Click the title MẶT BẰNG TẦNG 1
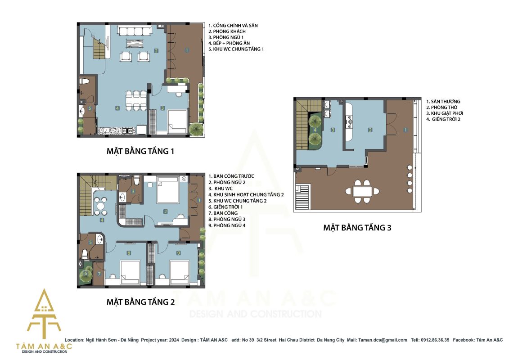tap(140, 151)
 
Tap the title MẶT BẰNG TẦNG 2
tap(140, 302)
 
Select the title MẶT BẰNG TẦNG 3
tap(357, 228)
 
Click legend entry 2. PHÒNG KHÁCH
tap(227, 31)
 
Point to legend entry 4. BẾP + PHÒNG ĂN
tap(229, 43)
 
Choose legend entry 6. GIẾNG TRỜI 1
tap(225, 207)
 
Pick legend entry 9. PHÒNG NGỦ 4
tap(227, 225)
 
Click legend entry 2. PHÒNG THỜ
tap(442, 108)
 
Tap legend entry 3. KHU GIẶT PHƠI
tap(445, 113)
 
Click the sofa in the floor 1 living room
tap(135, 31)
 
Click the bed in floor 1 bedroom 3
tap(178, 121)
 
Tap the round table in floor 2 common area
tap(101, 207)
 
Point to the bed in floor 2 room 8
tap(130, 272)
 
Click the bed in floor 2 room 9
tap(179, 272)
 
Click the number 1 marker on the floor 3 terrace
tap(405, 130)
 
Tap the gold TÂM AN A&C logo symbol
tap(44, 314)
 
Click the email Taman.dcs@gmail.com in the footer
tap(383, 340)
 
